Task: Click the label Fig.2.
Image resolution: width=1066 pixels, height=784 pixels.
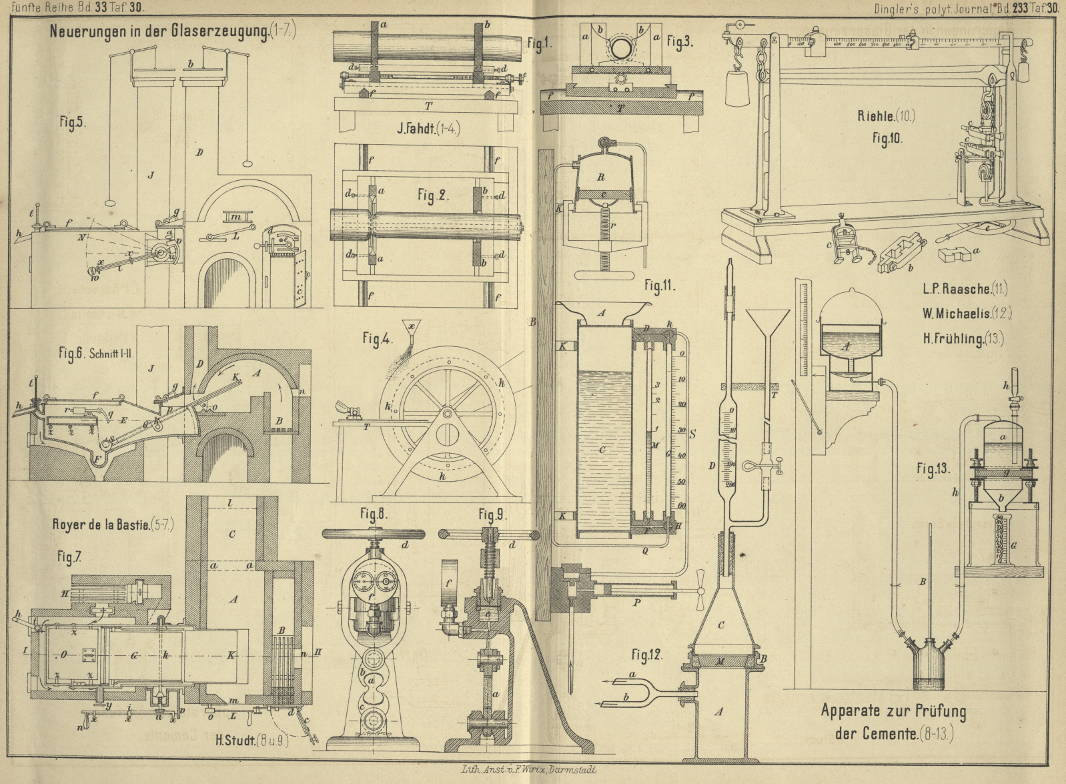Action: point(434,195)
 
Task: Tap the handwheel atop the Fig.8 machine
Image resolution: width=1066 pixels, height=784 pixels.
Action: point(374,534)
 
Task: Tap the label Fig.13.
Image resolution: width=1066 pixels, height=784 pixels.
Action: point(933,469)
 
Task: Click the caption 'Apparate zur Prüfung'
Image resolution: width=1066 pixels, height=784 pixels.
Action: point(893,711)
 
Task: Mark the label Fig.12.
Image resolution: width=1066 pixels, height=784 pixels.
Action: point(646,655)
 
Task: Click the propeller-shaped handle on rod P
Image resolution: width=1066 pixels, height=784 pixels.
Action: point(699,590)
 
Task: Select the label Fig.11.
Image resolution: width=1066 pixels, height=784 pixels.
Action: point(659,286)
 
